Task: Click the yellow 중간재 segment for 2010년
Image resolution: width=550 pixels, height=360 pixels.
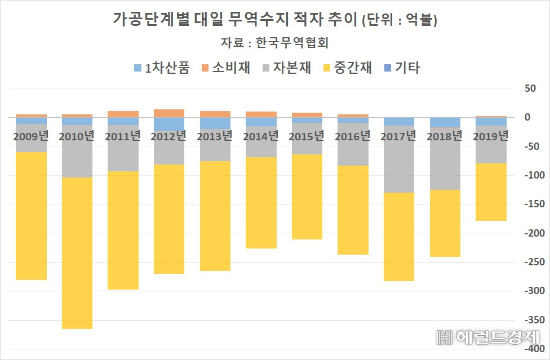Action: (77, 253)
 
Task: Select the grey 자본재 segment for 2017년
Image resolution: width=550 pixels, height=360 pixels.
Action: (399, 159)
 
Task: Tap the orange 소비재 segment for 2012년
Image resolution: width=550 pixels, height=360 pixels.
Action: (169, 113)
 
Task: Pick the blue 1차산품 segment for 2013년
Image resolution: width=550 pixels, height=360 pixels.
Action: (215, 123)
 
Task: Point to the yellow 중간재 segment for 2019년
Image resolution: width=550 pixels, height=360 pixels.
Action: (491, 192)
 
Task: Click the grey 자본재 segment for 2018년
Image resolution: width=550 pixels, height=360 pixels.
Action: (445, 159)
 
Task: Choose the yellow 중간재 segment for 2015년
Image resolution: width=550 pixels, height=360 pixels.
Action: (307, 197)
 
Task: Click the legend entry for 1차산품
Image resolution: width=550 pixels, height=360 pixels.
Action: (162, 68)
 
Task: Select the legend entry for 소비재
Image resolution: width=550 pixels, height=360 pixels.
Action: (226, 68)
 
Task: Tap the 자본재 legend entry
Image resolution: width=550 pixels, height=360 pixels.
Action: (287, 68)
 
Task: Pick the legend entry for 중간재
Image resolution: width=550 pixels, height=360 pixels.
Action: (348, 68)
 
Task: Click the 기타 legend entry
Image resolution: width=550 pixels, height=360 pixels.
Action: (402, 68)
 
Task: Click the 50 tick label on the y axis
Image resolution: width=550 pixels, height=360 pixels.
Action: (530, 88)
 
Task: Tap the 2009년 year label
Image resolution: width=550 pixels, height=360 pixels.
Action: (31, 136)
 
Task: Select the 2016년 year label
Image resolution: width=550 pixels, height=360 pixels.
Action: (353, 136)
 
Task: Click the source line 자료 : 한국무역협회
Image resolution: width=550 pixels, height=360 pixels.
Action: (274, 42)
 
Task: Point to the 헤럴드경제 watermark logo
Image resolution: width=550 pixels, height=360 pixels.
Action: (488, 337)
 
